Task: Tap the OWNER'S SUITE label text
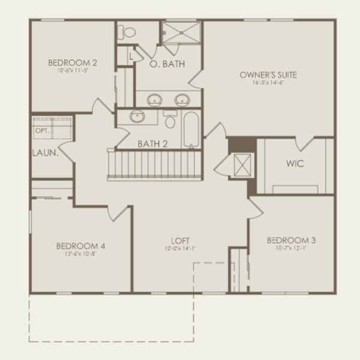pyautogui.click(x=268, y=75)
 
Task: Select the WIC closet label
pyautogui.click(x=295, y=163)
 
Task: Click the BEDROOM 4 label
pyautogui.click(x=81, y=245)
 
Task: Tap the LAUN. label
pyautogui.click(x=44, y=153)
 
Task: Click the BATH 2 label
pyautogui.click(x=153, y=144)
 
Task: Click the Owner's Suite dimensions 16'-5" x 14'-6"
pyautogui.click(x=268, y=83)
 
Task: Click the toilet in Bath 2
pyautogui.click(x=170, y=120)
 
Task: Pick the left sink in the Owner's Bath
pyautogui.click(x=154, y=99)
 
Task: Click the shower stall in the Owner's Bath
pyautogui.click(x=180, y=34)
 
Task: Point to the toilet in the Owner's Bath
pyautogui.click(x=127, y=32)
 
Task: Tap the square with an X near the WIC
pyautogui.click(x=242, y=164)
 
